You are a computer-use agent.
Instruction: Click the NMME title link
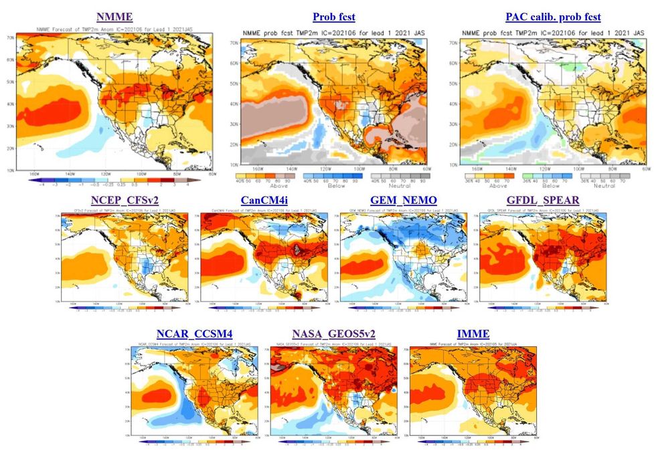114,17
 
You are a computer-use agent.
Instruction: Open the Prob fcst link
333,17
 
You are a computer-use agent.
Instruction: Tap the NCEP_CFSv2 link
125,200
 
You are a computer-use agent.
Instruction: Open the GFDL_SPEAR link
543,200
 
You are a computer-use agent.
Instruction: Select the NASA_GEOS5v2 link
333,334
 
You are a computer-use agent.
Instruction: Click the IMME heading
473,334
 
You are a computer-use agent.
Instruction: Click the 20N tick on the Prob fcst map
234,144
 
